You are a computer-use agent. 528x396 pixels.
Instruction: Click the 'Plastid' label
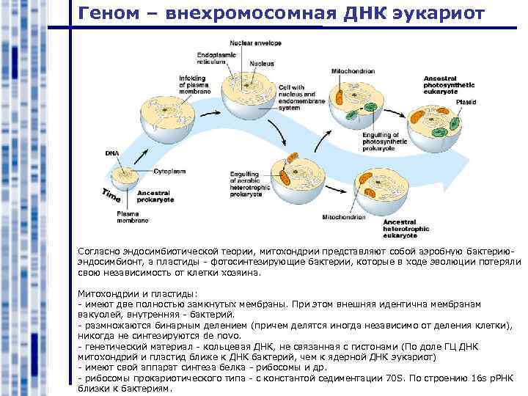click(466, 103)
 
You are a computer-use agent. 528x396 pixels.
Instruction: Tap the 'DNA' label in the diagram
click(111, 153)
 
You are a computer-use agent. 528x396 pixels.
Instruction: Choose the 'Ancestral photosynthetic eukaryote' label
click(450, 83)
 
